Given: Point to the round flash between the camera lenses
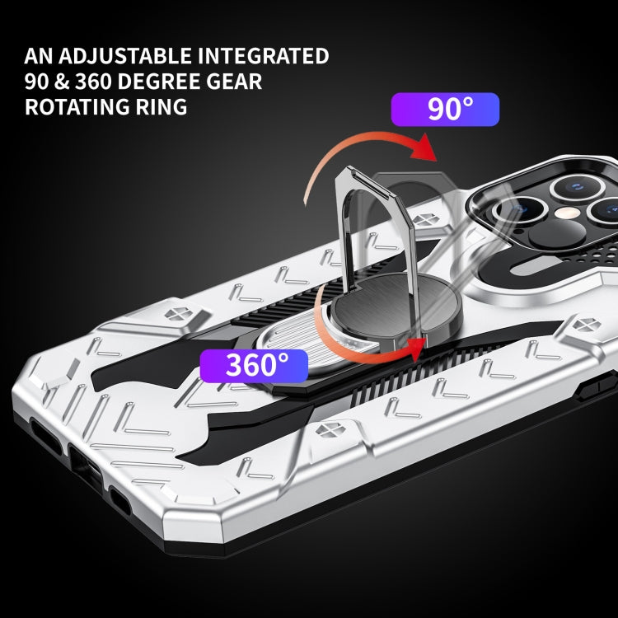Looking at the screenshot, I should click(545, 213).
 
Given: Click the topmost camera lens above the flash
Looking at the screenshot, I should click(575, 186).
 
